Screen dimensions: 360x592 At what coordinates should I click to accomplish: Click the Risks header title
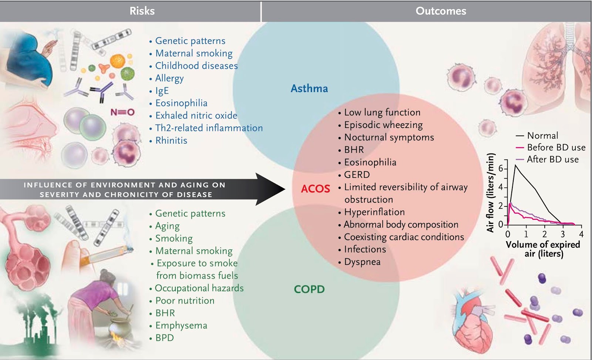point(142,11)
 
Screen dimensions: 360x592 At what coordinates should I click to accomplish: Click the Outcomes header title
point(441,11)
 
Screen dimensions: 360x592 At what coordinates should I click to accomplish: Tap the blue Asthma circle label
point(309,88)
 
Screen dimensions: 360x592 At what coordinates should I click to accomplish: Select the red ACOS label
point(315,189)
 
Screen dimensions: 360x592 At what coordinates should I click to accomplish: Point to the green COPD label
point(309,289)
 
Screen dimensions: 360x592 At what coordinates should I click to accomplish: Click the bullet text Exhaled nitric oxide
point(196,115)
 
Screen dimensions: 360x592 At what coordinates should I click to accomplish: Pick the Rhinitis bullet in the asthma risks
point(171,141)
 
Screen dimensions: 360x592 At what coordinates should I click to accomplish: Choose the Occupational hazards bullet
point(199,288)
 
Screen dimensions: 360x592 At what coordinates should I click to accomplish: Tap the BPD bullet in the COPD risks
point(164,338)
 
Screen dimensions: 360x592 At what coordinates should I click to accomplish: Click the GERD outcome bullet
point(357,175)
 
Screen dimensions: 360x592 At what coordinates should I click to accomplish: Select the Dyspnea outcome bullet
point(362,262)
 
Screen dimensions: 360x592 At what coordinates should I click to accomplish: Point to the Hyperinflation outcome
point(374,212)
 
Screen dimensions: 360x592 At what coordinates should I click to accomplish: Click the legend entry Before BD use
point(556,147)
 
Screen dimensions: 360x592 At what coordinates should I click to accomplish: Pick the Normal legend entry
point(542,135)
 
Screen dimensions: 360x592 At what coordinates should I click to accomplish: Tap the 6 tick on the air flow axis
point(501,169)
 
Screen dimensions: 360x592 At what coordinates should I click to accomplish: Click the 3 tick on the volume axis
point(563,234)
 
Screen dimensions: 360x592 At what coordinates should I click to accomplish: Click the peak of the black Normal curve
point(515,165)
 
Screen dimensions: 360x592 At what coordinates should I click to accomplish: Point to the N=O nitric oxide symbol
point(122,112)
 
